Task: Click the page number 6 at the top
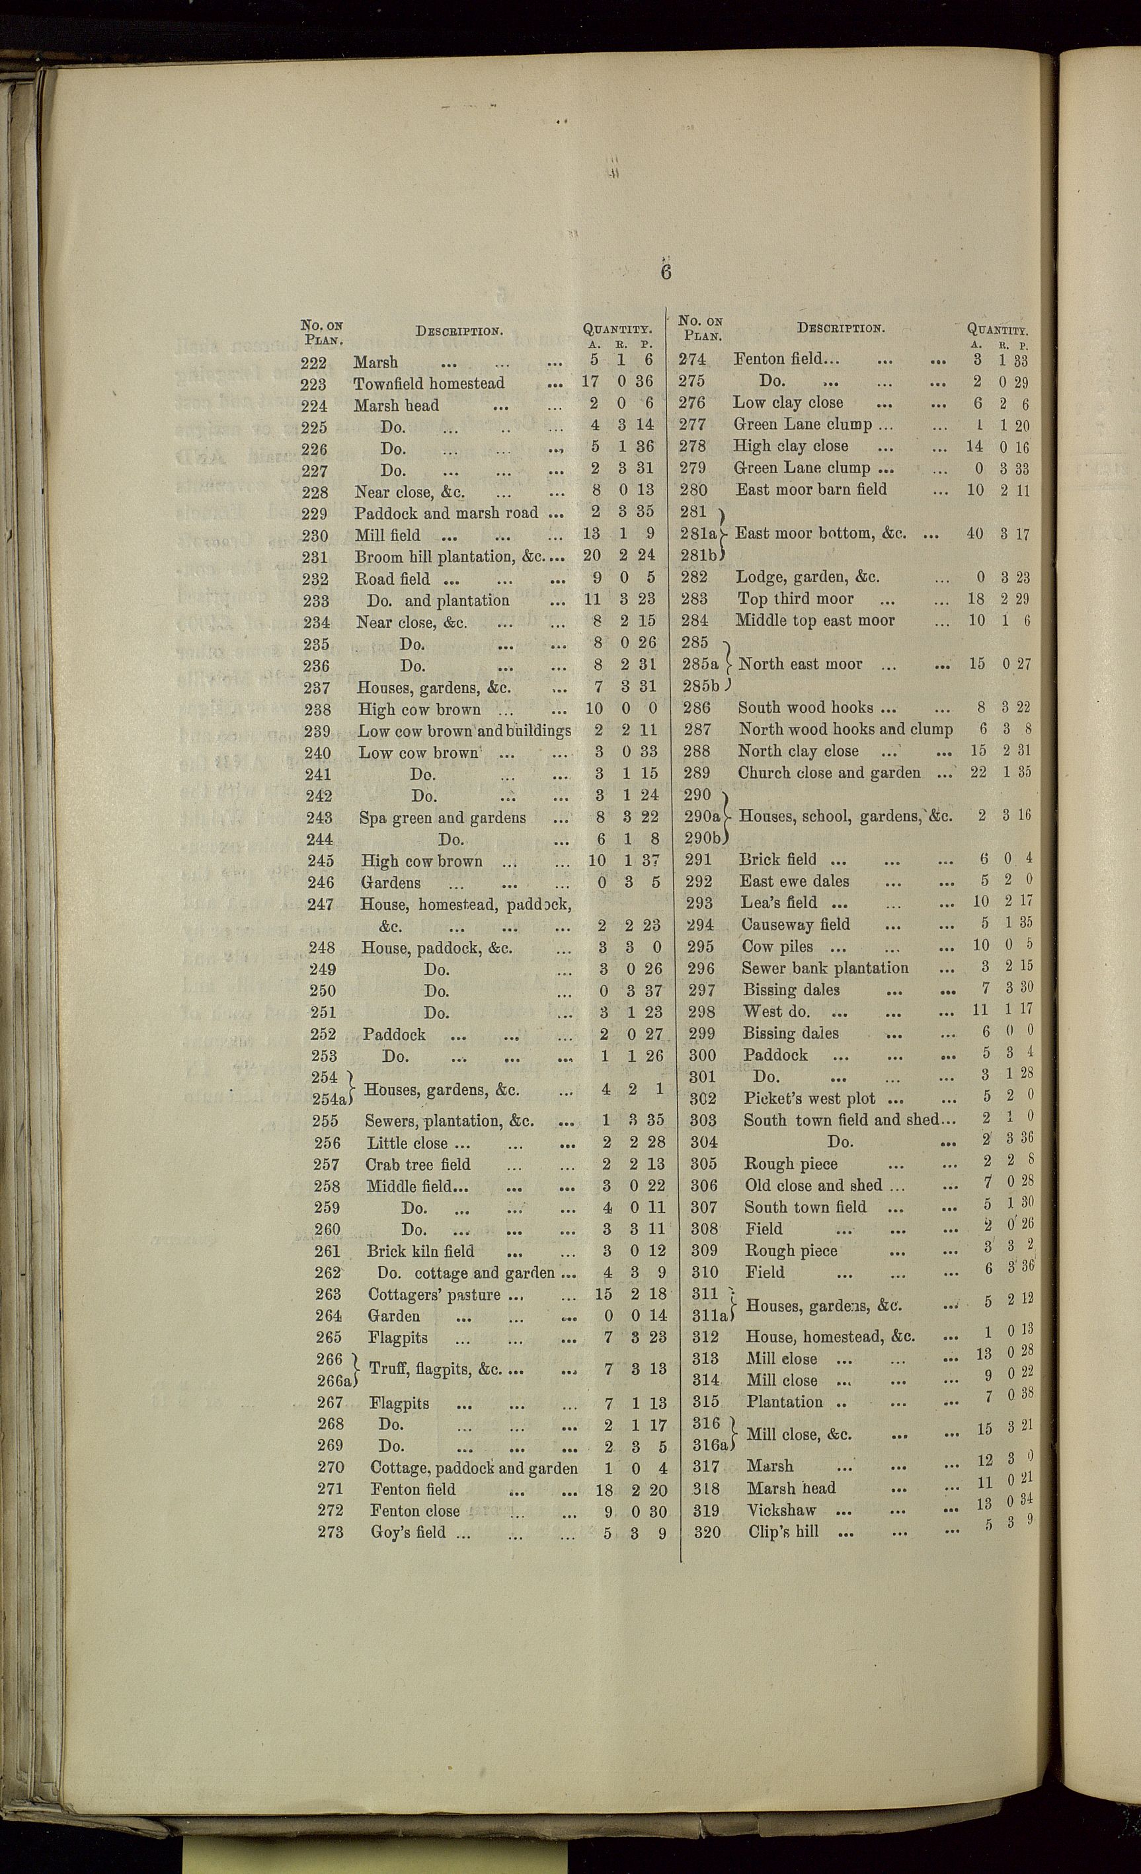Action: tap(666, 272)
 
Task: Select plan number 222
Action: tap(313, 363)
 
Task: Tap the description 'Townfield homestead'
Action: tap(428, 383)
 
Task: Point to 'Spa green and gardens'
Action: tap(442, 818)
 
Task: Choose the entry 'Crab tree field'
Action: tap(418, 1164)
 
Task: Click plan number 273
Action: tap(331, 1532)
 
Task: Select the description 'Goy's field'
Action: tap(408, 1532)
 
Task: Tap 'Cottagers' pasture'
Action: tap(434, 1294)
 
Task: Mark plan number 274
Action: tap(692, 359)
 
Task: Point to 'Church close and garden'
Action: tap(829, 772)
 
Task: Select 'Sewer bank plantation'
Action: tap(824, 968)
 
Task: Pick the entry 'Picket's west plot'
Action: tap(809, 1099)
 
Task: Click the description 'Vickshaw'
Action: tap(781, 1510)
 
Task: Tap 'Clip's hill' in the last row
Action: tap(783, 1532)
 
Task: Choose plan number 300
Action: tap(702, 1055)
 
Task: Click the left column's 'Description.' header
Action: tap(459, 331)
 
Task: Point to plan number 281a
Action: tap(698, 534)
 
